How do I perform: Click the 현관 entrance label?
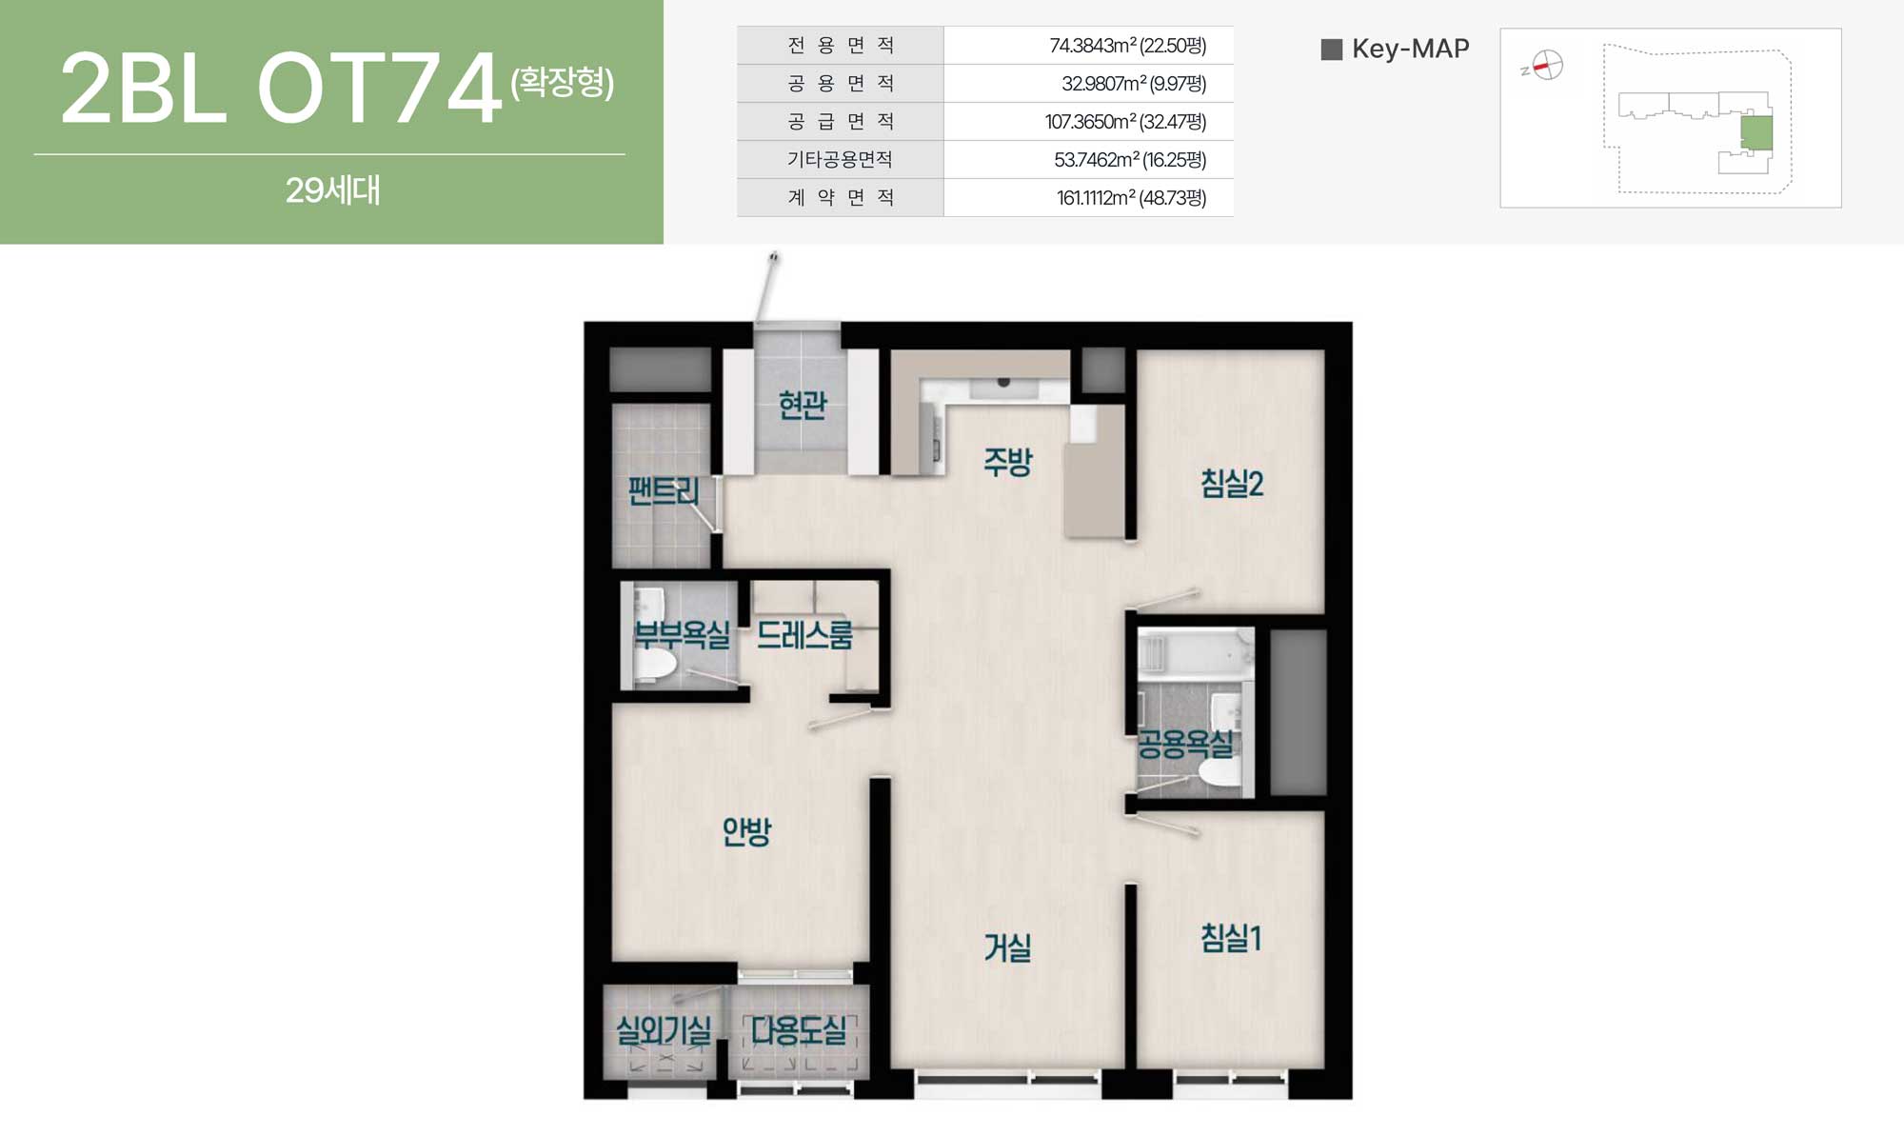pos(803,405)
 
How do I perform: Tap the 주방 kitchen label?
pos(1008,462)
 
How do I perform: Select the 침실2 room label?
pos(1232,483)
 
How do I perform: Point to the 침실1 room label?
pos(1231,938)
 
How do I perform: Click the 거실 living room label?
pos(1007,947)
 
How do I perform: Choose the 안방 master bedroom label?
pos(746,831)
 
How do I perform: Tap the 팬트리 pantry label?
pos(664,491)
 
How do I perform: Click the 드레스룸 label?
pos(804,635)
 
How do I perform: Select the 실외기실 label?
pos(664,1029)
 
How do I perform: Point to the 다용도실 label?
pos(799,1029)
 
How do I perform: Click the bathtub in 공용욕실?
pos(1196,653)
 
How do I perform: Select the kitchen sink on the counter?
pos(1003,386)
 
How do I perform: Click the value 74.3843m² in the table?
pos(1092,46)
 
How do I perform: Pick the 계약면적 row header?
pos(841,197)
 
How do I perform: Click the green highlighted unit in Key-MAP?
pos(1756,132)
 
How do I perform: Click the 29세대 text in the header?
pos(333,190)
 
